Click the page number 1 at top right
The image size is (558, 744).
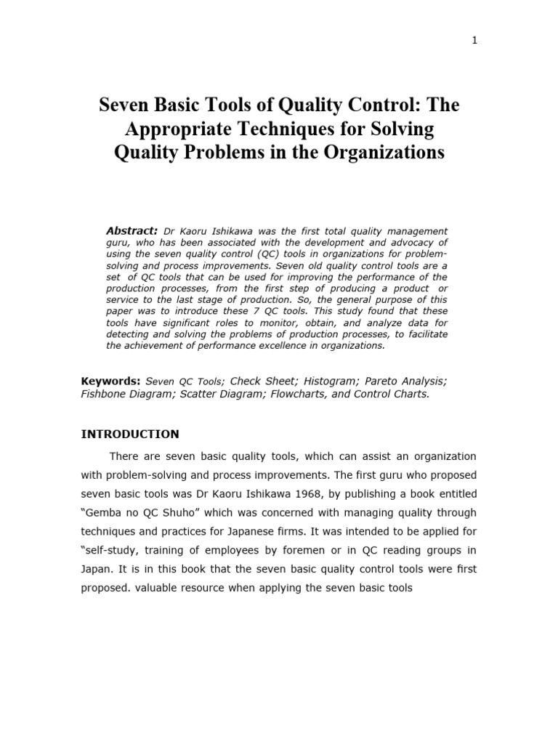pyautogui.click(x=474, y=41)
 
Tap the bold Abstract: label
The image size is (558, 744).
pyautogui.click(x=132, y=230)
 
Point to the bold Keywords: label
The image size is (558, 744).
pyautogui.click(x=110, y=381)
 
